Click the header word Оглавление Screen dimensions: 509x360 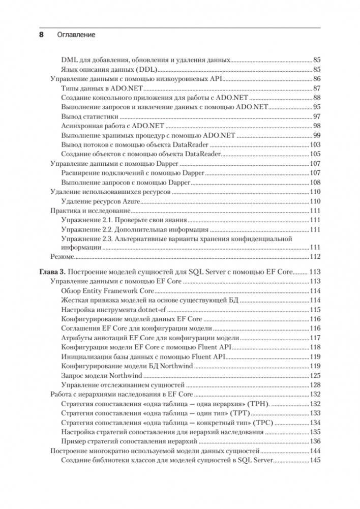tap(76, 35)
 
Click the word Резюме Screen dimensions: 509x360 tap(62, 256)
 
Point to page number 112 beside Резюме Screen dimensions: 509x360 tap(315, 256)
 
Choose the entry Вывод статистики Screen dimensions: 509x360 tap(90, 116)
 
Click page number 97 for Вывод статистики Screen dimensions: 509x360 tap(317, 116)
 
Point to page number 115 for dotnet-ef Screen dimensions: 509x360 tap(315, 310)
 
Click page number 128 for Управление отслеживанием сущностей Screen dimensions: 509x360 tap(315, 385)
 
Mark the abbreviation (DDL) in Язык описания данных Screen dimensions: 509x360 tap(146, 69)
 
